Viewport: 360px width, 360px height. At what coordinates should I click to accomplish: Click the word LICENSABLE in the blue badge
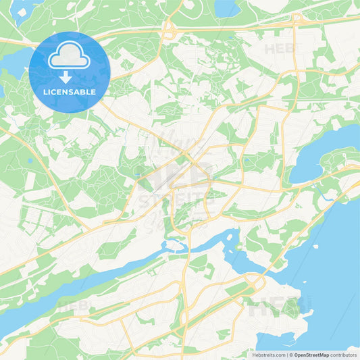(x=70, y=91)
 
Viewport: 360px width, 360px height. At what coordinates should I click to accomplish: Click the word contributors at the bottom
(x=342, y=355)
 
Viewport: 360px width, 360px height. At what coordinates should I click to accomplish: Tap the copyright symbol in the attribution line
(x=290, y=355)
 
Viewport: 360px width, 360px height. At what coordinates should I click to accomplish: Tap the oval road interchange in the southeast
(x=255, y=283)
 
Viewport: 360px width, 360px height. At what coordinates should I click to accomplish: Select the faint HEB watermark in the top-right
(x=279, y=49)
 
